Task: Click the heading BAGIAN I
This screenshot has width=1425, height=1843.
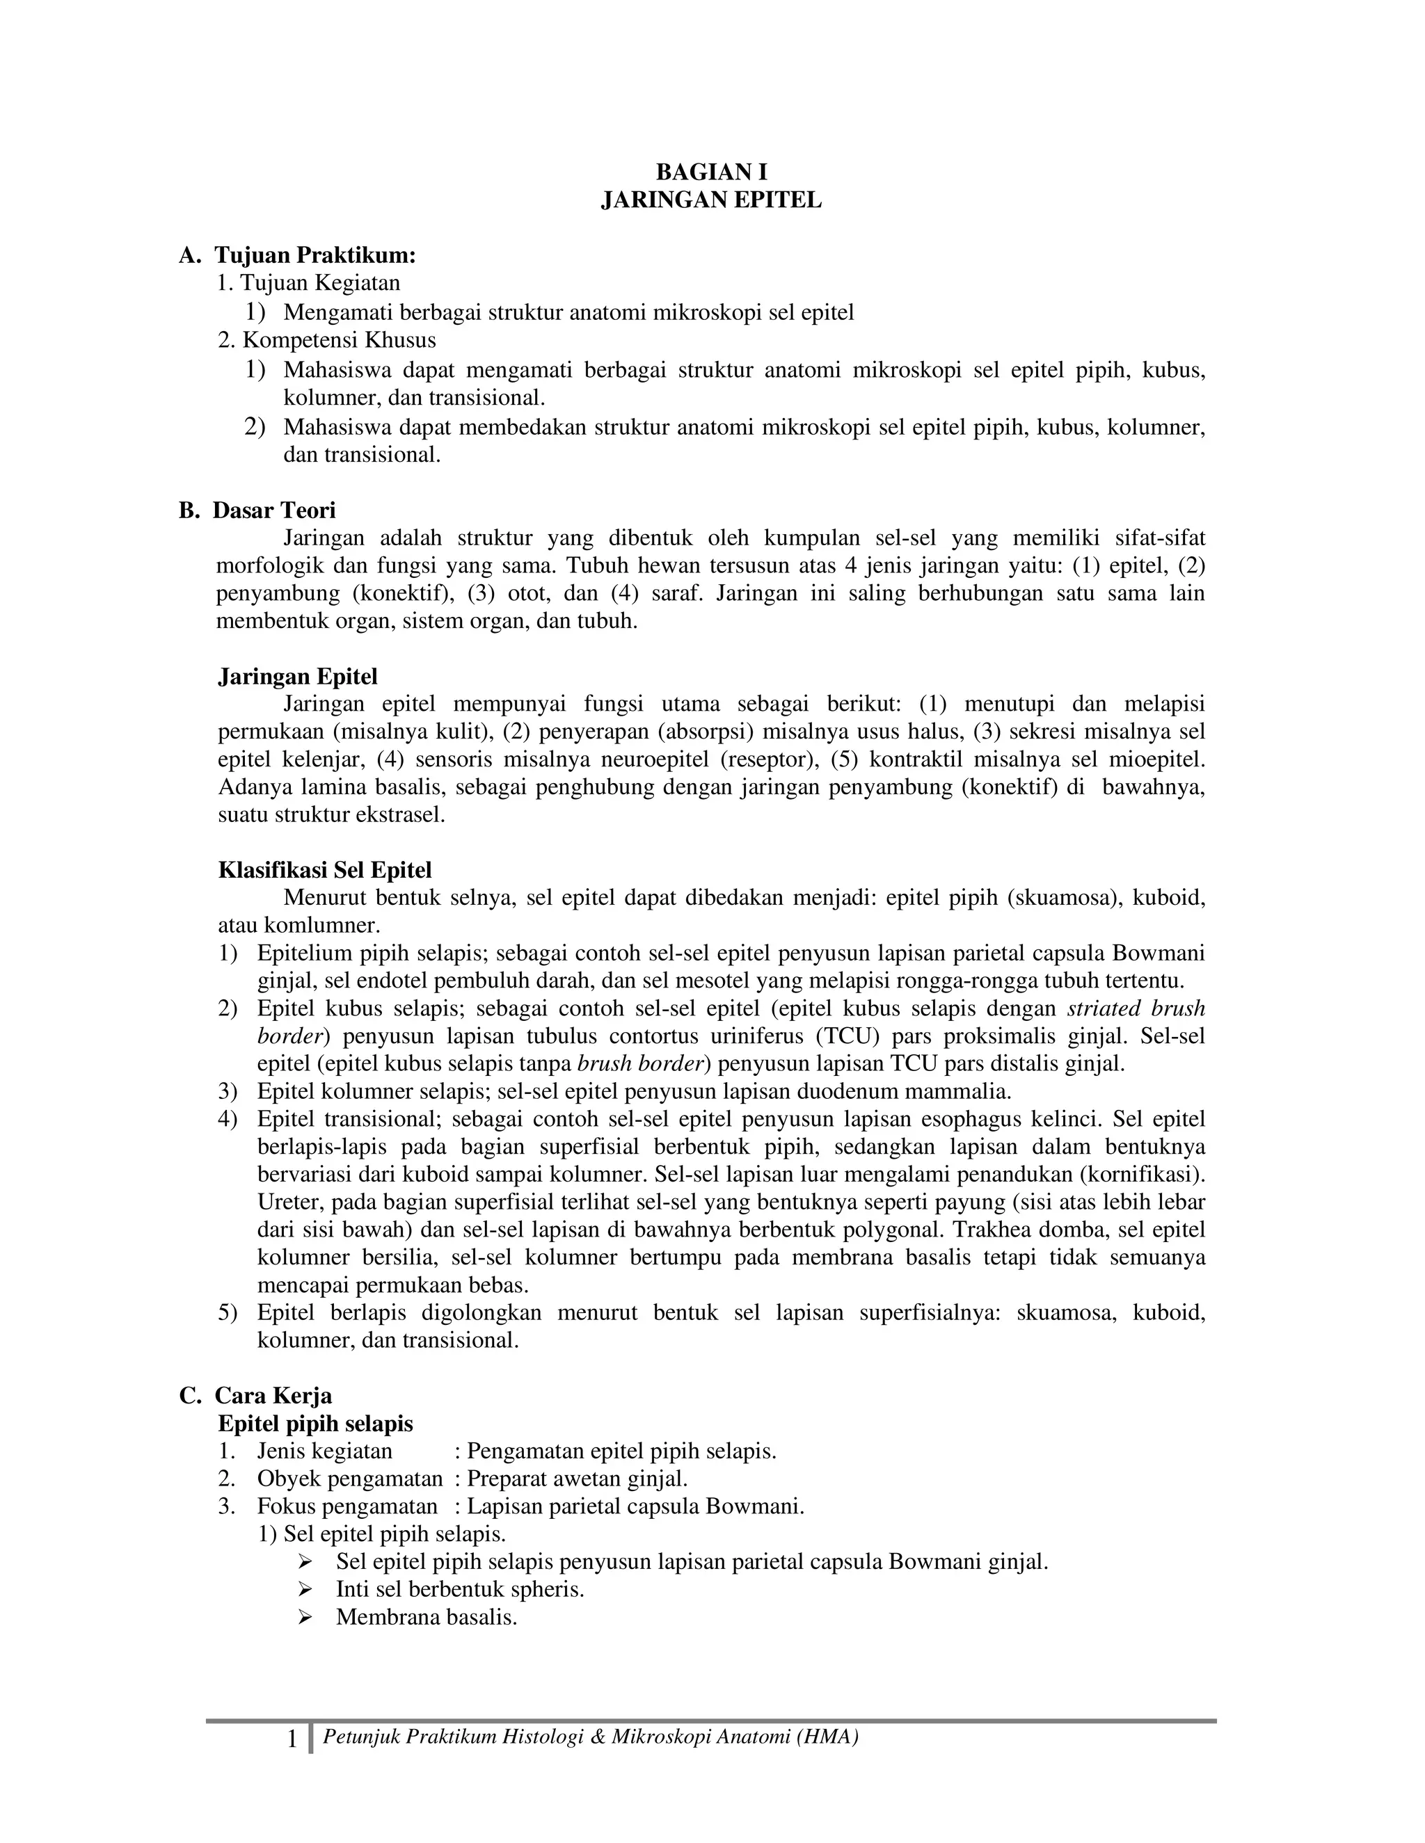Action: pyautogui.click(x=711, y=173)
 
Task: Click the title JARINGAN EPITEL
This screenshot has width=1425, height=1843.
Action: pyautogui.click(x=711, y=201)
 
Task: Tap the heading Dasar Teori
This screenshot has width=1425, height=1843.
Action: pyautogui.click(x=273, y=510)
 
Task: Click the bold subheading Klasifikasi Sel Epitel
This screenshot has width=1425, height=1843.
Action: pyautogui.click(x=325, y=870)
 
